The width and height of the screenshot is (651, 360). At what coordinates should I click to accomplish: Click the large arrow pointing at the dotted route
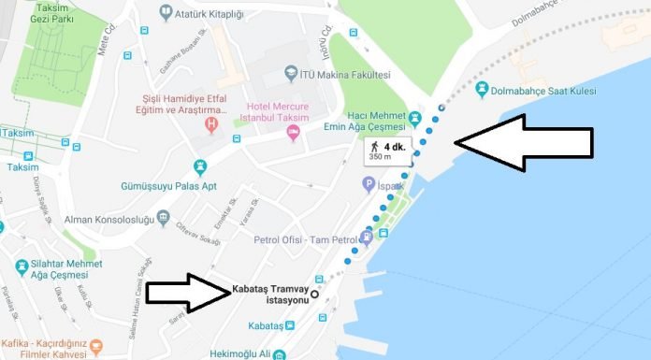[x=524, y=142]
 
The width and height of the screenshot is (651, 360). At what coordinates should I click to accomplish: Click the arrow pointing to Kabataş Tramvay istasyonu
[x=188, y=293]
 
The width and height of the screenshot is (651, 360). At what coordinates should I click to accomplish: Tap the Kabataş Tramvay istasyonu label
[x=271, y=290]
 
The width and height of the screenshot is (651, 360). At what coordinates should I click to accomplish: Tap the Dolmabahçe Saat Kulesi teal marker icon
[x=482, y=90]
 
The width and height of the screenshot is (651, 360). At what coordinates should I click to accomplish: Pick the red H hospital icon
[x=211, y=122]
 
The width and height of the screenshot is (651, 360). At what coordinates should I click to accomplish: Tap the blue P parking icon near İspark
[x=369, y=187]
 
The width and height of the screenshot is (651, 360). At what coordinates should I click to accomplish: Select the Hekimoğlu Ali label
[x=260, y=354]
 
